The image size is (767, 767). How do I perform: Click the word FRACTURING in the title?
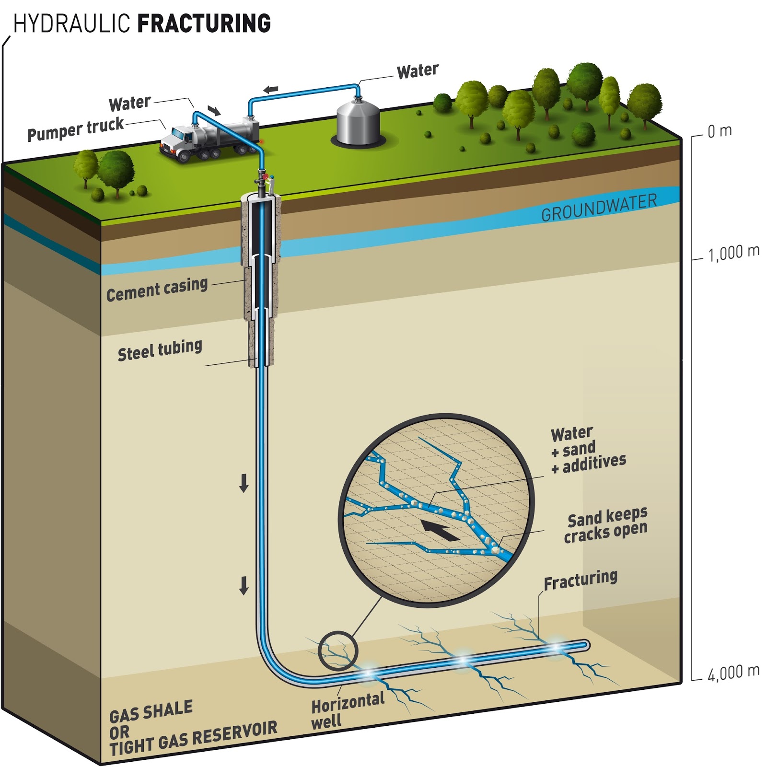click(x=205, y=23)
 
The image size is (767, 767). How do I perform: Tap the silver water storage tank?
click(x=358, y=122)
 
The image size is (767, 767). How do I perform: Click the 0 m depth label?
click(x=720, y=131)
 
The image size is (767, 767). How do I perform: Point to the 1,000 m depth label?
click(x=733, y=253)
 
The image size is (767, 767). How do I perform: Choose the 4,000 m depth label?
click(x=733, y=672)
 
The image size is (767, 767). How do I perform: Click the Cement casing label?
click(x=157, y=290)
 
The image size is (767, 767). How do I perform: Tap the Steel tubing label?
click(x=160, y=350)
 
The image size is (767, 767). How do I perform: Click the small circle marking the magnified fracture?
click(x=338, y=651)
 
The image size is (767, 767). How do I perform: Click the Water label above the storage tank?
click(x=418, y=71)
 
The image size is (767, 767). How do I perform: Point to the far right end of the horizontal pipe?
click(x=585, y=645)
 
